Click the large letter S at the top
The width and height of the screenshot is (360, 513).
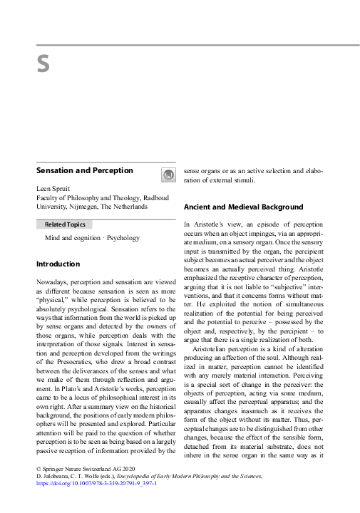tap(43, 64)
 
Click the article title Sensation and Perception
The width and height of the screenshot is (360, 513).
tap(85, 171)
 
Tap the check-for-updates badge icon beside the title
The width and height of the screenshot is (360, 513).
tap(168, 175)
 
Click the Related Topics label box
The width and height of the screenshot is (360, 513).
tap(65, 224)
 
